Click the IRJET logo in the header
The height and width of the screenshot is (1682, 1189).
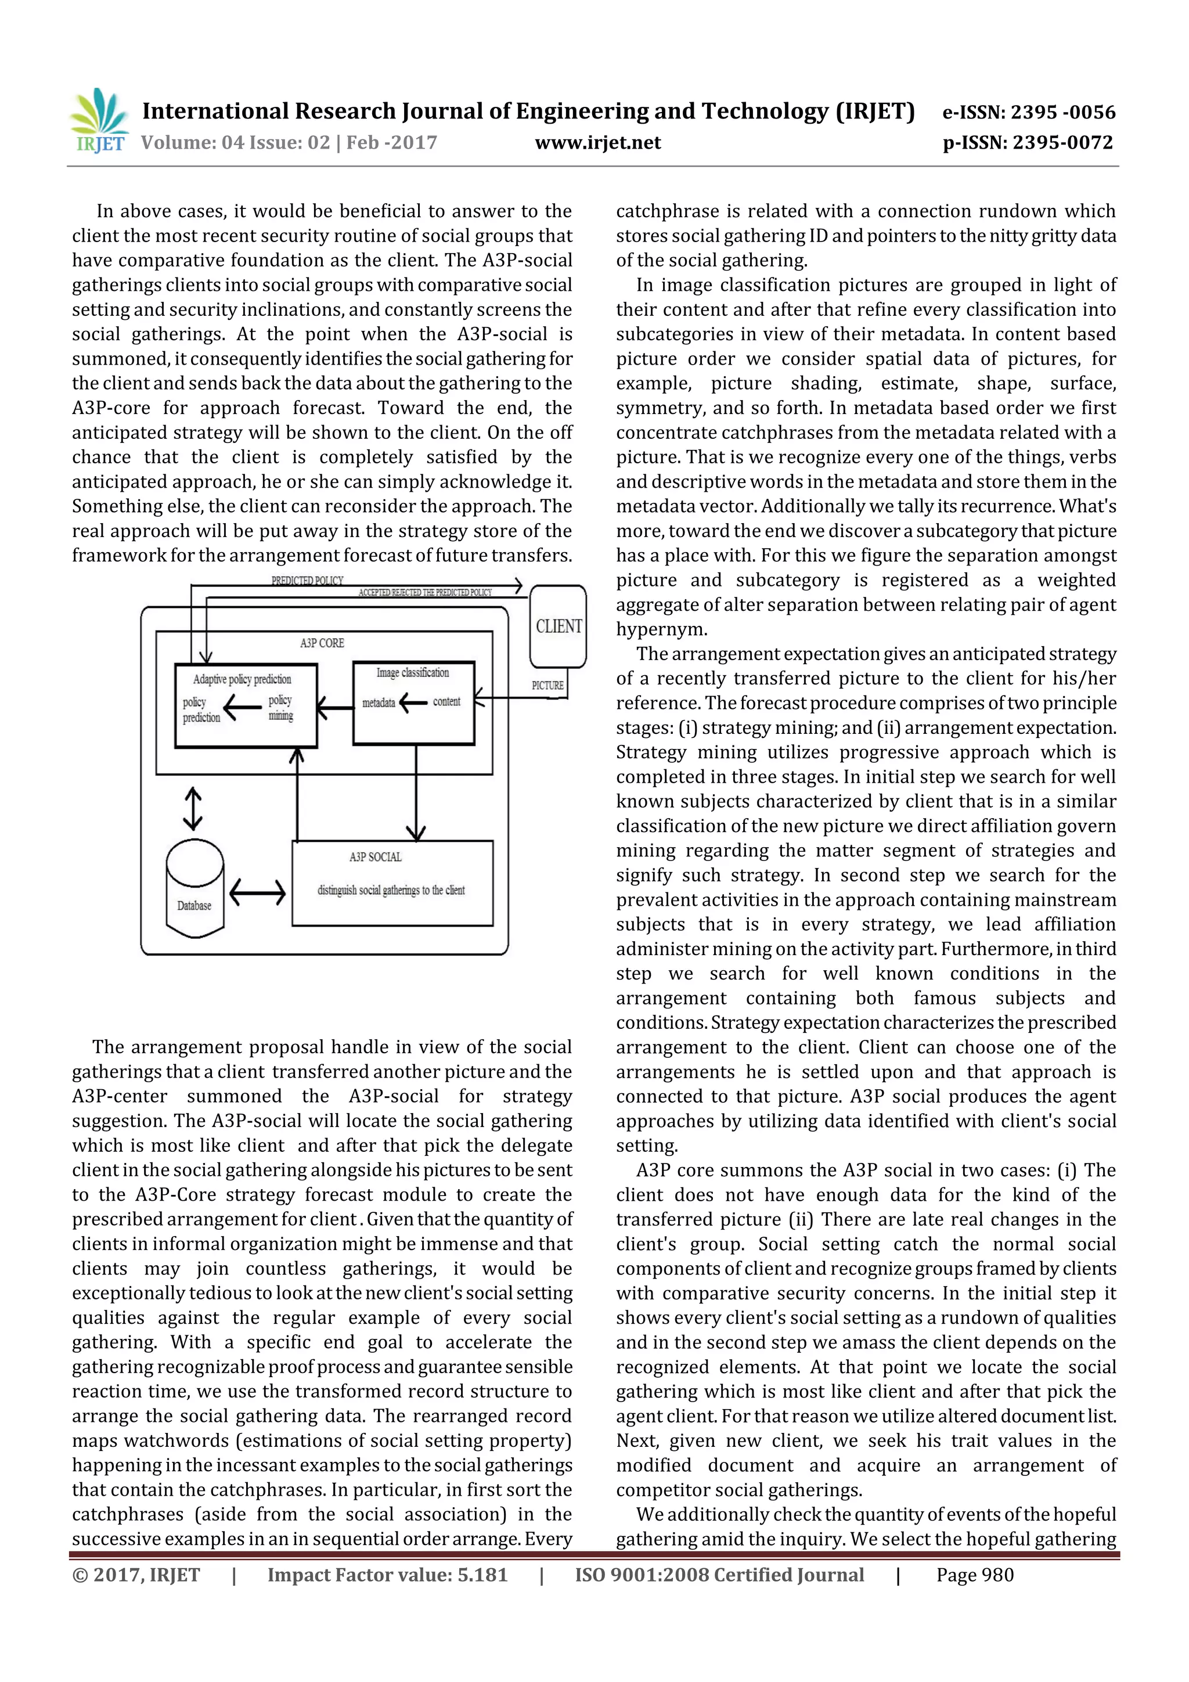99,120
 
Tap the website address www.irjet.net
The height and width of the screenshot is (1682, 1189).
598,143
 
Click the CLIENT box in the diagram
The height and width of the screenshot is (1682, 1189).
559,626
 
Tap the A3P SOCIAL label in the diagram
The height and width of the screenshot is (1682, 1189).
375,857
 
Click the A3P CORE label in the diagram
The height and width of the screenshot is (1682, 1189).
322,643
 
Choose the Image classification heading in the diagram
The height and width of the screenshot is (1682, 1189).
412,672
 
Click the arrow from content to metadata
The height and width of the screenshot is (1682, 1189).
413,703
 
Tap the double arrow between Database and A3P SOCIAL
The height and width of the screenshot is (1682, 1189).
257,892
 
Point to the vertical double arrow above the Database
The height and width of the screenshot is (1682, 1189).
193,809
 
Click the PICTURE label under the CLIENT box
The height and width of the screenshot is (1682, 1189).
547,686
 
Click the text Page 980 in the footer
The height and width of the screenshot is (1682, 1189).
974,1575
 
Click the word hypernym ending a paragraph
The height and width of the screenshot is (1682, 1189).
661,629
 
